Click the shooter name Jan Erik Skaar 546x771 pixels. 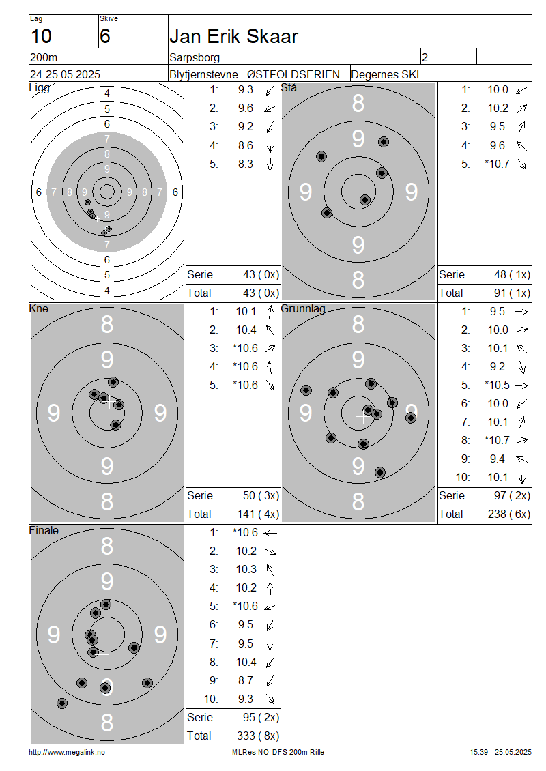233,36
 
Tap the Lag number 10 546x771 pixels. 41,36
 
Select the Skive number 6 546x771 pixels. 105,36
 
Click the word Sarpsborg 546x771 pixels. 195,57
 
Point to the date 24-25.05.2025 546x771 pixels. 65,74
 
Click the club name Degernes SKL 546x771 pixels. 386,75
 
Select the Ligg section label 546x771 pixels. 40,88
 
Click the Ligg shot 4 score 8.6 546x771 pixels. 246,145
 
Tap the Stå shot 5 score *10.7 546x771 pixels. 497,164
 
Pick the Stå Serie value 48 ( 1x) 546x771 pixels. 512,274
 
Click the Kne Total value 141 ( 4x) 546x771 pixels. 258,514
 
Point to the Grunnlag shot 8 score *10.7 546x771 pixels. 497,440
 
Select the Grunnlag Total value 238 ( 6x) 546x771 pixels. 509,514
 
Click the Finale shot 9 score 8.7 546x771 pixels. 246,680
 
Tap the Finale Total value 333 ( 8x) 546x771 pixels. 258,736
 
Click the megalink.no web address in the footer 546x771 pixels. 67,752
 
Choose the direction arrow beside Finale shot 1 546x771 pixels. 270,532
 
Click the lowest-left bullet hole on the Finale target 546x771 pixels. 62,703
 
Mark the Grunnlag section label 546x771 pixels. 303,309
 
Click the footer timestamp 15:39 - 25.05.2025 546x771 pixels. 501,752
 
